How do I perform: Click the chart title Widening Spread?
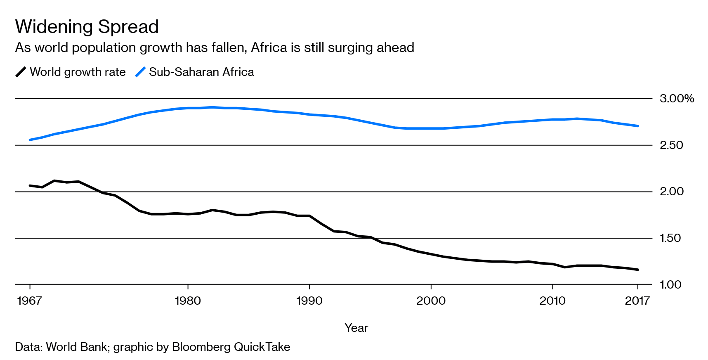[87, 27]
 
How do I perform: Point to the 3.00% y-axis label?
[677, 98]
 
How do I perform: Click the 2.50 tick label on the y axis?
[671, 145]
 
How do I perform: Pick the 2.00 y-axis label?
[671, 191]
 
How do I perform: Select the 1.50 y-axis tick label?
[670, 238]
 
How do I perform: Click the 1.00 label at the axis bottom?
[670, 284]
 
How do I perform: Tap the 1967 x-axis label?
[29, 301]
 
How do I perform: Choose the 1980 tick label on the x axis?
[188, 301]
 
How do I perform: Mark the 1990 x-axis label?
[309, 301]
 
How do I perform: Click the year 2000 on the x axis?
[431, 301]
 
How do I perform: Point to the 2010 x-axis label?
[552, 301]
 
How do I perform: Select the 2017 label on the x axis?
[637, 301]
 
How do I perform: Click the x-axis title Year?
[356, 328]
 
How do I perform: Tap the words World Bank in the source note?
[76, 347]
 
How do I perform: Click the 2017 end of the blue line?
[638, 126]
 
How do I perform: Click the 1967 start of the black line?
[30, 186]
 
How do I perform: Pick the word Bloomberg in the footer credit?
[201, 347]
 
